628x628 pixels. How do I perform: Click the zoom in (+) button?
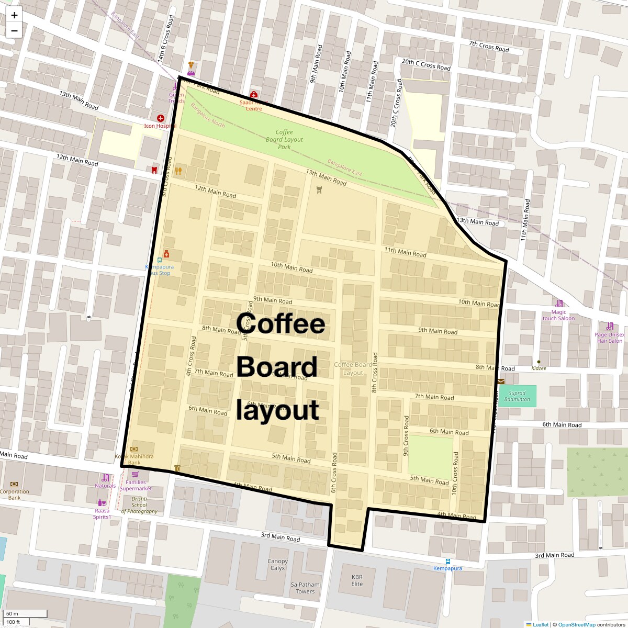pyautogui.click(x=14, y=15)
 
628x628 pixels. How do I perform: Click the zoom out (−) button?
pyautogui.click(x=14, y=30)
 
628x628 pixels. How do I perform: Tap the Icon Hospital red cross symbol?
pyautogui.click(x=160, y=118)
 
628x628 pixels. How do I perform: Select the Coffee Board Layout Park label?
pyautogui.click(x=284, y=140)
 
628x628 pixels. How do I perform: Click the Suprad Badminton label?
pyautogui.click(x=517, y=396)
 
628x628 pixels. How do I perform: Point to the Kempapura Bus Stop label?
pyautogui.click(x=159, y=270)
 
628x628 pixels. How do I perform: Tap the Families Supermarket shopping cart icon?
pyautogui.click(x=135, y=474)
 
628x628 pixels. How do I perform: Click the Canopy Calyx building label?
pyautogui.click(x=277, y=565)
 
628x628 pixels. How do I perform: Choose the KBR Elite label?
pyautogui.click(x=357, y=580)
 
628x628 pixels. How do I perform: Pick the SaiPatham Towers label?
pyautogui.click(x=305, y=588)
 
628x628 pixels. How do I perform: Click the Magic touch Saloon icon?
pyautogui.click(x=559, y=304)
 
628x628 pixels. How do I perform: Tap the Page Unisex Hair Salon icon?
pyautogui.click(x=610, y=326)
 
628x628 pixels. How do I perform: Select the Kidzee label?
pyautogui.click(x=539, y=368)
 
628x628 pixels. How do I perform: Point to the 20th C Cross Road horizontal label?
pyautogui.click(x=426, y=64)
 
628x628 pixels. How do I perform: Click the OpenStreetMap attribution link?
pyautogui.click(x=577, y=624)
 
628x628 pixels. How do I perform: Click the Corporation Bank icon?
pyautogui.click(x=14, y=484)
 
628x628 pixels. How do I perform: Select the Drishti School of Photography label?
pyautogui.click(x=139, y=505)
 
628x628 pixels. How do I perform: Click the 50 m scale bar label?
pyautogui.click(x=12, y=613)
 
